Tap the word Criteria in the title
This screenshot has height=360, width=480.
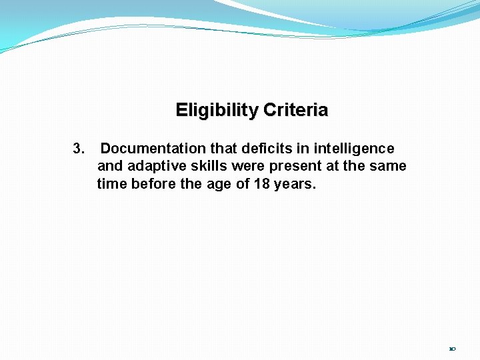tap(295, 110)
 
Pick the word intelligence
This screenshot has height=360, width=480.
tap(354, 149)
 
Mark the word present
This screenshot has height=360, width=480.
tap(292, 166)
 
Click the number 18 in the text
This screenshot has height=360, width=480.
tap(262, 183)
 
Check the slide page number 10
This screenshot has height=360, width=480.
tap(452, 348)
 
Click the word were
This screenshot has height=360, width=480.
tap(248, 166)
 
